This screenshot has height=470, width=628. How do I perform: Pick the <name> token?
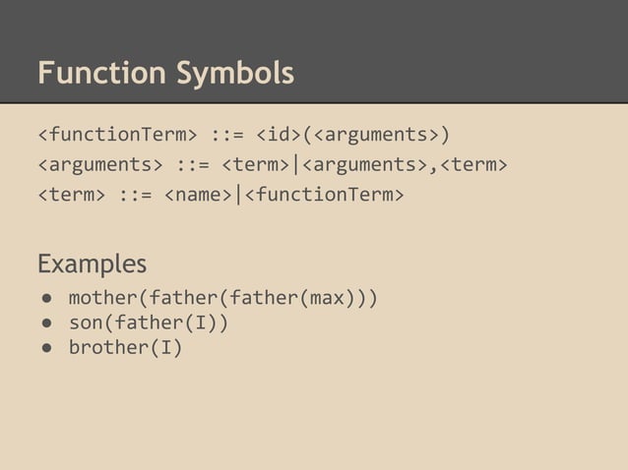coord(198,194)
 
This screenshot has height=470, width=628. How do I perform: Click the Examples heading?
coord(92,264)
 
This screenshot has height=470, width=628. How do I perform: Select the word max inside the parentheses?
coord(328,297)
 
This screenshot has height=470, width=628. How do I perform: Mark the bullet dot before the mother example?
coord(45,298)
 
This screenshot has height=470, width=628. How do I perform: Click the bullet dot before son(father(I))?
coord(45,323)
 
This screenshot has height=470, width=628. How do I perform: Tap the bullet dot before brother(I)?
coord(45,347)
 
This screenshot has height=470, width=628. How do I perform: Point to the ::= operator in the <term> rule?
coord(136,194)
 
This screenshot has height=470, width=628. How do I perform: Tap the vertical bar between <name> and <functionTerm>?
coord(237,194)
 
